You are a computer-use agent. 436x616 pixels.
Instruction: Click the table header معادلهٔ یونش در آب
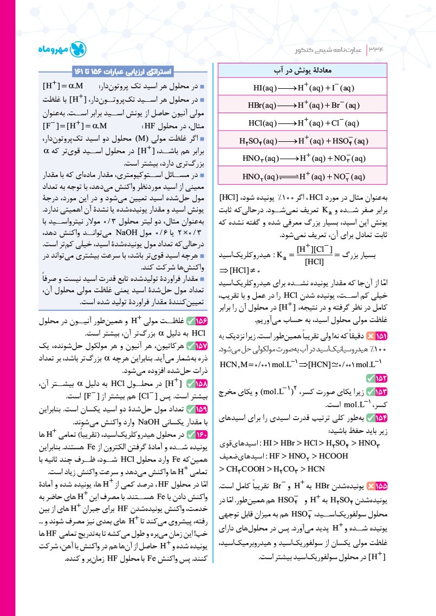303,71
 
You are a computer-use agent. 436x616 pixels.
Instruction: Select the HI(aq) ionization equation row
303,88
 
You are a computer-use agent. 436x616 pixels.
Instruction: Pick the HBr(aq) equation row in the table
303,105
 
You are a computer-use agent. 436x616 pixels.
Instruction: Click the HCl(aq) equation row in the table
303,123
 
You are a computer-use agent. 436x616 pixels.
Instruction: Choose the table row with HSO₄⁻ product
303,141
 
